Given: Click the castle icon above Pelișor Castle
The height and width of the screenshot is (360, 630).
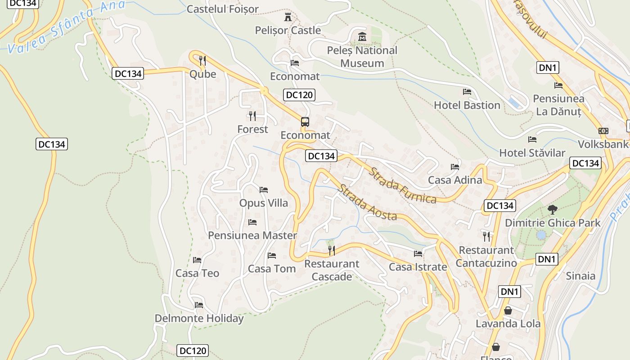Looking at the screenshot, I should pyautogui.click(x=288, y=18).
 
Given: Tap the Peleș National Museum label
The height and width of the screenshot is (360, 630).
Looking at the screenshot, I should pyautogui.click(x=362, y=57).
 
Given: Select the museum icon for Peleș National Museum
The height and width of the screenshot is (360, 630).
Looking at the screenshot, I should pyautogui.click(x=362, y=36).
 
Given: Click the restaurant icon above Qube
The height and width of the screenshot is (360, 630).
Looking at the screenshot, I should pyautogui.click(x=202, y=60).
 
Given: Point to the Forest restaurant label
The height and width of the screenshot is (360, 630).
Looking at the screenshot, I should pyautogui.click(x=252, y=129).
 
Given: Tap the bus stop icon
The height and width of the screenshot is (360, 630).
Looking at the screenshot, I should pyautogui.click(x=305, y=121).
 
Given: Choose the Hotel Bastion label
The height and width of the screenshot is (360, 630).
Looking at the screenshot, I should pyautogui.click(x=467, y=105).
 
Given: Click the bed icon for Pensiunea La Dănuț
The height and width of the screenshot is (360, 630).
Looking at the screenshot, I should pyautogui.click(x=558, y=85).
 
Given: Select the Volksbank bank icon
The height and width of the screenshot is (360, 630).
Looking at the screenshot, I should pyautogui.click(x=603, y=131).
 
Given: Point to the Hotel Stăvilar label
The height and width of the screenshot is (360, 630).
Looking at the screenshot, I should pyautogui.click(x=532, y=153).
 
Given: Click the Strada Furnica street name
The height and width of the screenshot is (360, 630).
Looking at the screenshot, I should pyautogui.click(x=403, y=185).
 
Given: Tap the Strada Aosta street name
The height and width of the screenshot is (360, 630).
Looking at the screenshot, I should pyautogui.click(x=367, y=202).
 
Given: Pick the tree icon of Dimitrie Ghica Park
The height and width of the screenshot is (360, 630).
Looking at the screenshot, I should pyautogui.click(x=552, y=209).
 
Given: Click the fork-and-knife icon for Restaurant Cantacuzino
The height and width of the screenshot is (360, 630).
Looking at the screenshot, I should pyautogui.click(x=486, y=236).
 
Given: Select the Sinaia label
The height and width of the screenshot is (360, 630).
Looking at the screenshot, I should pyautogui.click(x=580, y=276).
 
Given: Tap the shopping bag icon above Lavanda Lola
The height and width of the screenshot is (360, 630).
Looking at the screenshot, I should pyautogui.click(x=508, y=310).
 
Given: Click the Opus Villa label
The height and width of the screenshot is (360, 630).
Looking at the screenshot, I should pyautogui.click(x=264, y=203).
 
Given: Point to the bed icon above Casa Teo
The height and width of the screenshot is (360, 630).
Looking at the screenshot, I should pyautogui.click(x=197, y=260).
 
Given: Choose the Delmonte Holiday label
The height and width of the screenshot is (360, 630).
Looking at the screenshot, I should pyautogui.click(x=199, y=319).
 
